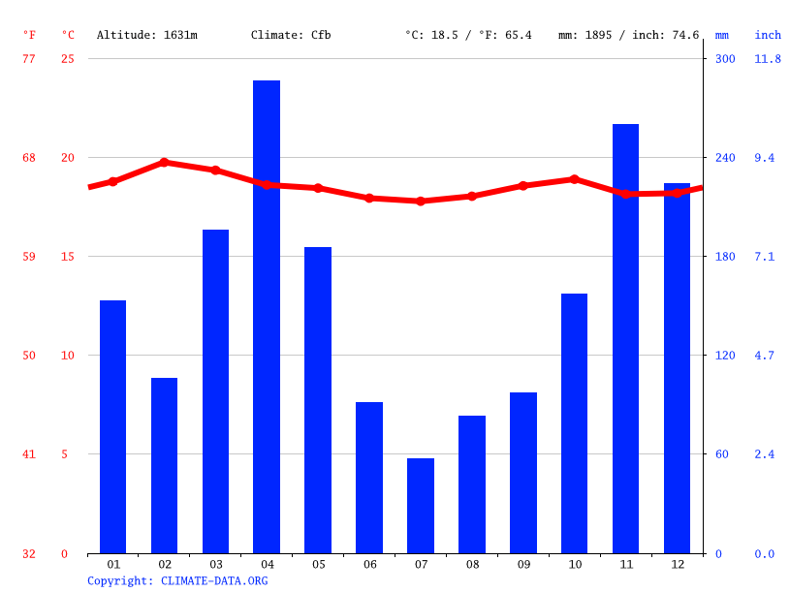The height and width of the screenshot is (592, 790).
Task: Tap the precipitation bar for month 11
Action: [625, 338]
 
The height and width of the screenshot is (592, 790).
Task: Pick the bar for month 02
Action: [164, 465]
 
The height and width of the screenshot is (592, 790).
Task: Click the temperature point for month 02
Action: [164, 163]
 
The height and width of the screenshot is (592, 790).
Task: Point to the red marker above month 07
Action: [421, 202]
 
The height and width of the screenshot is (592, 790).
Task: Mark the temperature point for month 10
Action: [574, 179]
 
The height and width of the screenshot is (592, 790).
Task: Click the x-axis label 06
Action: [369, 564]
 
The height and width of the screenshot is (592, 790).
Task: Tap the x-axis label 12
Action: [677, 564]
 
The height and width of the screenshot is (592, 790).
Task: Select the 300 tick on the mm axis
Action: [725, 59]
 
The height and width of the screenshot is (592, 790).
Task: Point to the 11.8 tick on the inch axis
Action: [767, 59]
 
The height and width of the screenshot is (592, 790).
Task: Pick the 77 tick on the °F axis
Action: [29, 59]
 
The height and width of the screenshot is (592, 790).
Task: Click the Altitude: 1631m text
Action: [147, 35]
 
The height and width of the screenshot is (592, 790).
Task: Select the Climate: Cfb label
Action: [291, 35]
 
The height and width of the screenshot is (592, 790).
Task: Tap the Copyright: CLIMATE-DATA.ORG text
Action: [177, 580]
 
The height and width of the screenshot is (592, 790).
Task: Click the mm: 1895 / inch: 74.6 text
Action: [628, 35]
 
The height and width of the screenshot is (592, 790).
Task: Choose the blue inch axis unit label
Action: [768, 35]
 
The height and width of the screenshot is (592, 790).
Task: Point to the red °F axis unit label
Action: [29, 35]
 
